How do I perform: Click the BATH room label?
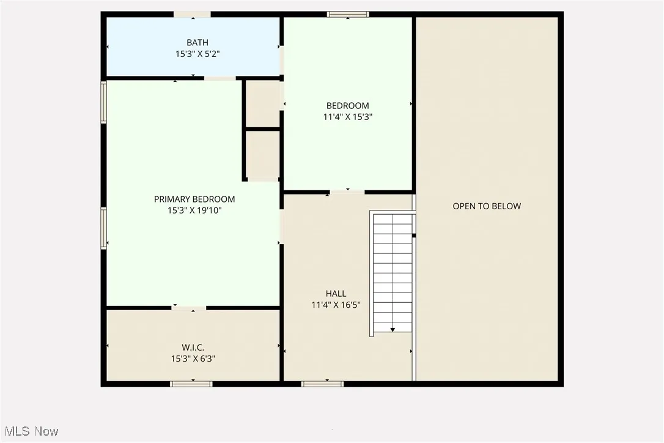click(197, 42)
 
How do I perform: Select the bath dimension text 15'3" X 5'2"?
click(197, 54)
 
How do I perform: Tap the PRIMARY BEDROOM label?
click(194, 199)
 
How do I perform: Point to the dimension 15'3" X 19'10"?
click(194, 210)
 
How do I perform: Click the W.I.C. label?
click(193, 348)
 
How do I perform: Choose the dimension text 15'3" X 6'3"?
click(193, 359)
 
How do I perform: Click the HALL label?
click(336, 294)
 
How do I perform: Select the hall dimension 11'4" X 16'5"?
click(336, 305)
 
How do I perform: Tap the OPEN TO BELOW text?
click(487, 206)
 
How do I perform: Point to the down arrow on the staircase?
click(393, 329)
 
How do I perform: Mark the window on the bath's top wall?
click(192, 14)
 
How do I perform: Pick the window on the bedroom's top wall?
click(348, 14)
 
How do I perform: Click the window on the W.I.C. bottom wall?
click(191, 384)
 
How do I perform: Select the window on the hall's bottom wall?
click(322, 384)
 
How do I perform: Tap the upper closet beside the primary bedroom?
click(263, 103)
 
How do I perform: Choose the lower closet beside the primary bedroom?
click(263, 154)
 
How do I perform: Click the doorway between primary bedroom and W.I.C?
click(189, 307)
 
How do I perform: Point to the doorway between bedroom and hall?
click(347, 192)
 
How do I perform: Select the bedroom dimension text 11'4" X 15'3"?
click(348, 117)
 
